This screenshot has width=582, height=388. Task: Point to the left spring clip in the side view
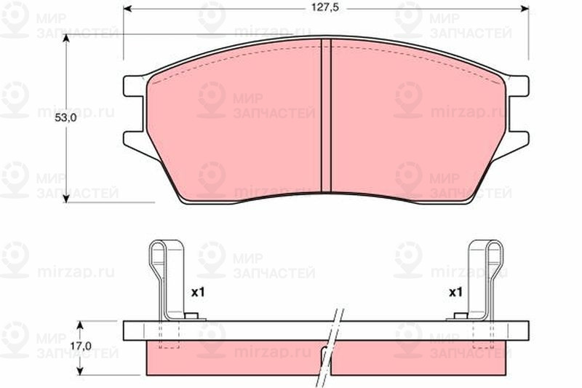click(165, 277)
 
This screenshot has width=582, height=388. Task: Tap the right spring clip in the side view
click(485, 277)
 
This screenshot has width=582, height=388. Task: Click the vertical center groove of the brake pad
click(326, 116)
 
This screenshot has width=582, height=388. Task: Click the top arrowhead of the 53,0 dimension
click(66, 41)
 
